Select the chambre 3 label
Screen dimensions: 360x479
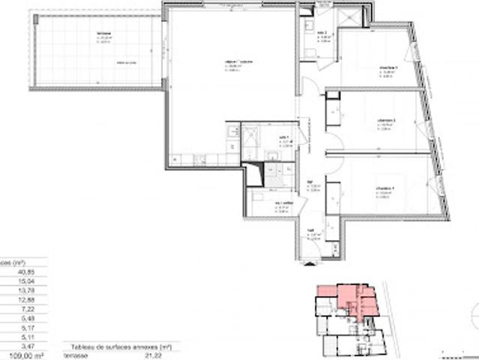[387, 67]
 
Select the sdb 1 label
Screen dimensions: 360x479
[284, 127]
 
